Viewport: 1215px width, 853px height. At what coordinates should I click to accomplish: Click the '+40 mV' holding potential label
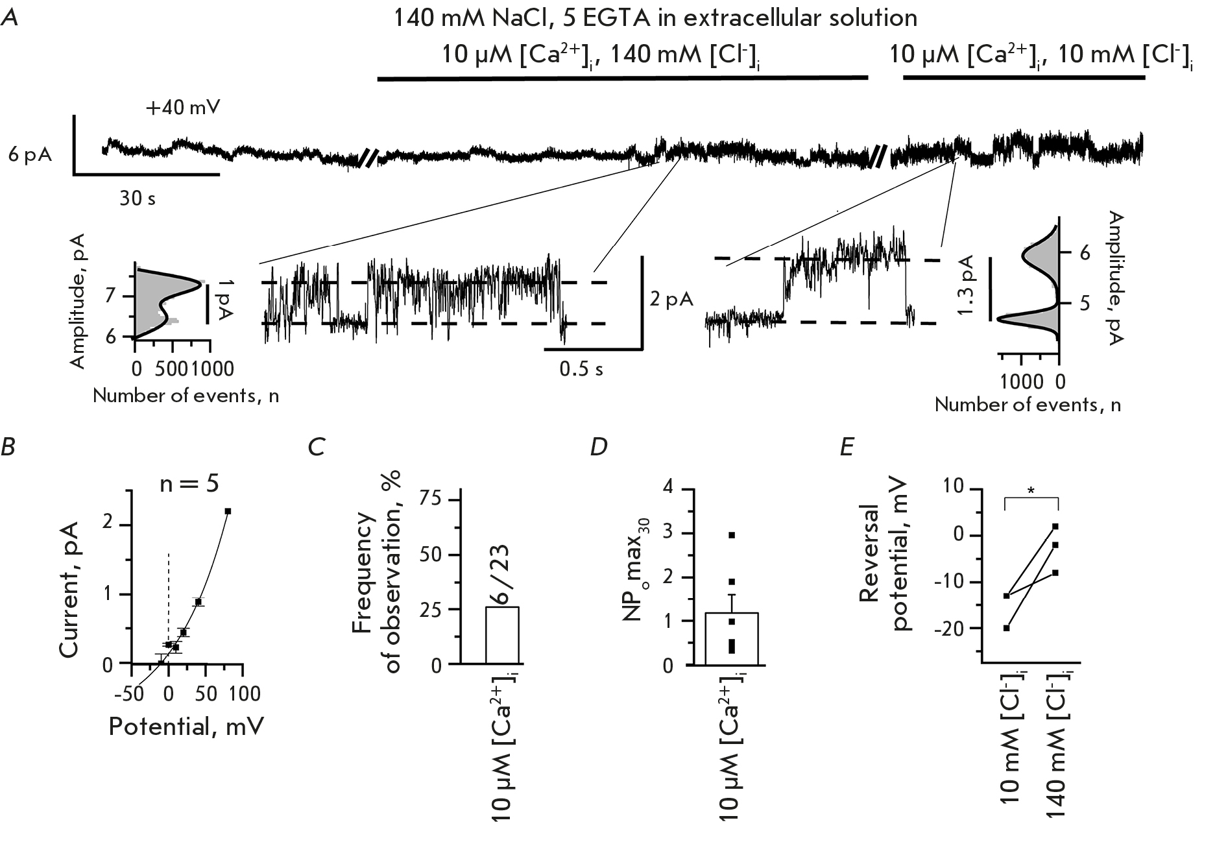pos(182,107)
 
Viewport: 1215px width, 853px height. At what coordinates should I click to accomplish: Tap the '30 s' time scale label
pos(138,198)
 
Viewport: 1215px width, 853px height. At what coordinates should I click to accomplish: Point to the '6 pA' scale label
pos(30,156)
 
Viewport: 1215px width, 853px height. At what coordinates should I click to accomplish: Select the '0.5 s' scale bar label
pos(581,369)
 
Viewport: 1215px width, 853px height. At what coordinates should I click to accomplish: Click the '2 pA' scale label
pos(671,299)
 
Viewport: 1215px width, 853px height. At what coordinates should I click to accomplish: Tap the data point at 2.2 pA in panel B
pos(228,511)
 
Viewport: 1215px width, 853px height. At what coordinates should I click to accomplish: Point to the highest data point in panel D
pos(732,535)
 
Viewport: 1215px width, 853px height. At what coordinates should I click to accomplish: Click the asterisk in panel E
pos(1031,491)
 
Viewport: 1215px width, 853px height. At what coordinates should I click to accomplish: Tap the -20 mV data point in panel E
pos(1006,628)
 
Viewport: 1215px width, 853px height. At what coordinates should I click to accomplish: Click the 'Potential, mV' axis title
pos(186,727)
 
